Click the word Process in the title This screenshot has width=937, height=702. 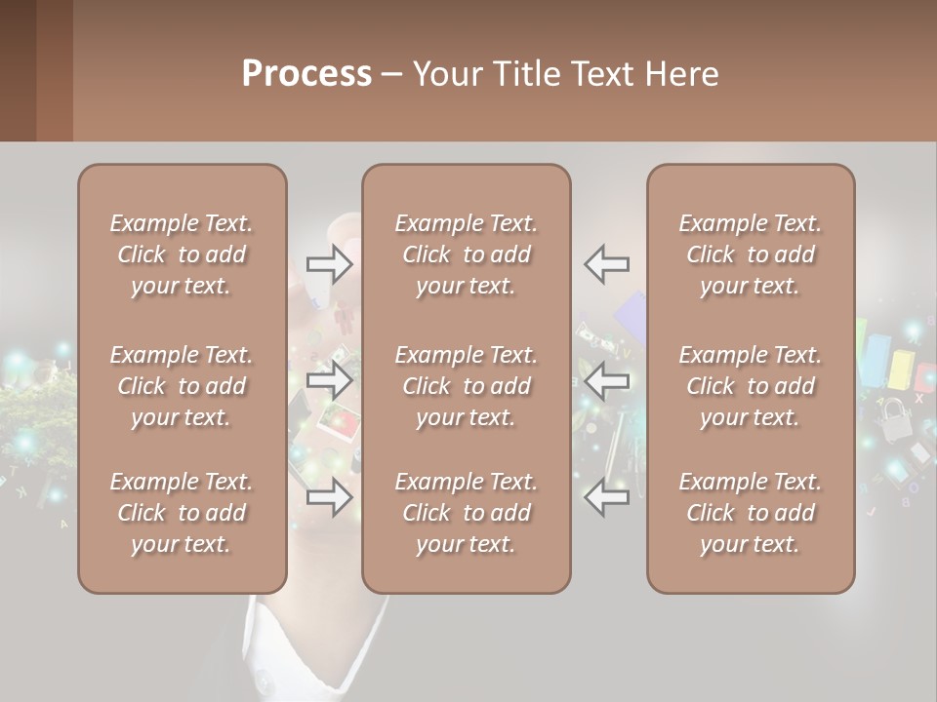306,74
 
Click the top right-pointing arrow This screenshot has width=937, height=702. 330,263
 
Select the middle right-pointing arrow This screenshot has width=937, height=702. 330,378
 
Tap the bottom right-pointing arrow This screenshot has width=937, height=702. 330,497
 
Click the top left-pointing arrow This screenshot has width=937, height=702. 607,263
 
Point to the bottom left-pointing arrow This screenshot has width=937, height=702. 607,497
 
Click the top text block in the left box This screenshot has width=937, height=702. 182,254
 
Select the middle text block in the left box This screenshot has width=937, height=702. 182,386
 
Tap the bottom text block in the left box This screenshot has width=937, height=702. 182,513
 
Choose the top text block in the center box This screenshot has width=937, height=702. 467,254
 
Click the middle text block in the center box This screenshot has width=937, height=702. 467,386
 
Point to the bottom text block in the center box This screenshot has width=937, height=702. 467,513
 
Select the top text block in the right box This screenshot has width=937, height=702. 751,254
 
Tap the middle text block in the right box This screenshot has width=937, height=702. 751,386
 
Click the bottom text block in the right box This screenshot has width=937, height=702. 751,513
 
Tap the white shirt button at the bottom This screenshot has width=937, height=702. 262,676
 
